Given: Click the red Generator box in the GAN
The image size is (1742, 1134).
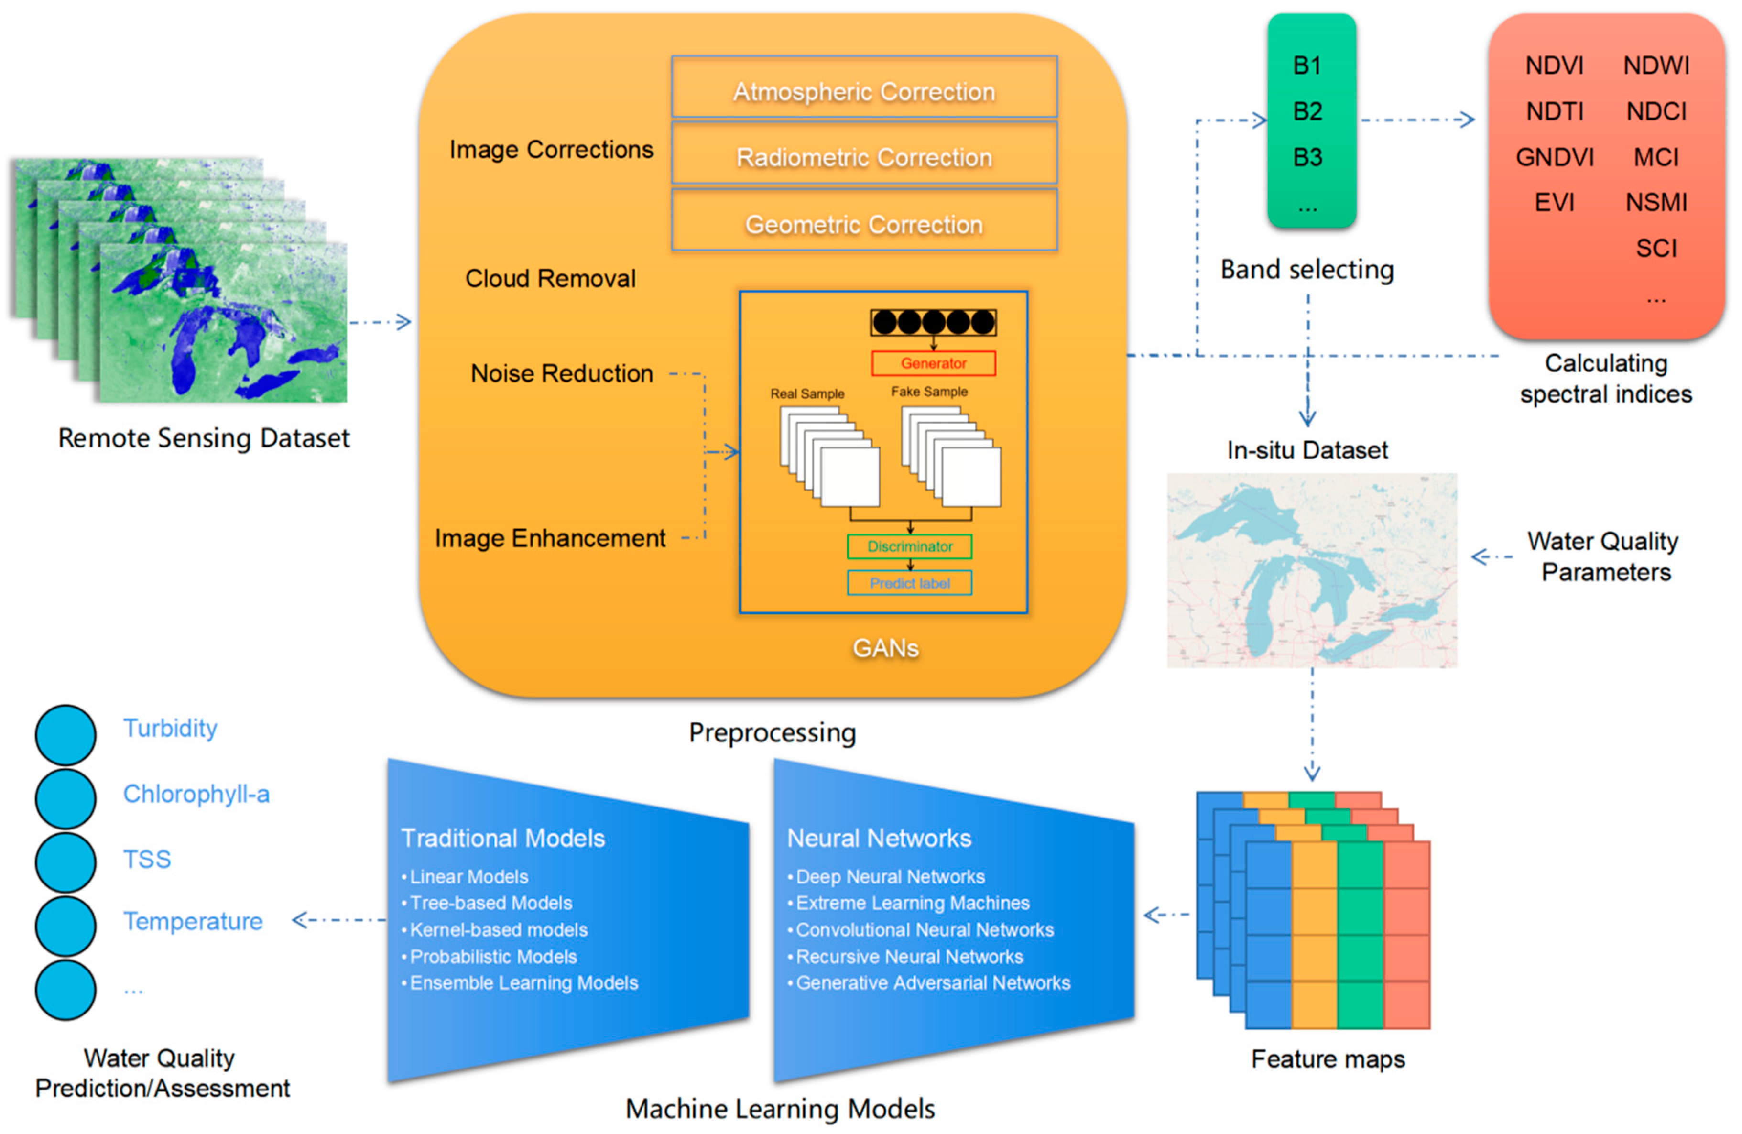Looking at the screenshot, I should pyautogui.click(x=933, y=363).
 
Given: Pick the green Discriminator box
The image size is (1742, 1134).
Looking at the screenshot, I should pyautogui.click(x=910, y=546).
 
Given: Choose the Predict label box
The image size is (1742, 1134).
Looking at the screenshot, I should pyautogui.click(x=910, y=583).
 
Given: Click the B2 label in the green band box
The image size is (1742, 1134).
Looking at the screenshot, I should pyautogui.click(x=1307, y=111).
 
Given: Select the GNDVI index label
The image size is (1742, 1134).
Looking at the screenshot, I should pyautogui.click(x=1554, y=157).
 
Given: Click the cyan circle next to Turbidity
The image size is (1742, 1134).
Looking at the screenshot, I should pyautogui.click(x=65, y=734).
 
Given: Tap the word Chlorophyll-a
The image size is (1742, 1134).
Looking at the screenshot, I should pyautogui.click(x=196, y=794).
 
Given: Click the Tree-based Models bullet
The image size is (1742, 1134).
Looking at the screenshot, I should pyautogui.click(x=490, y=903).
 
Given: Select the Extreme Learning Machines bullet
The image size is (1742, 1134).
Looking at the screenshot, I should pyautogui.click(x=912, y=903).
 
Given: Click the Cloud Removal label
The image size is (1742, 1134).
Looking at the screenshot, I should pyautogui.click(x=550, y=278).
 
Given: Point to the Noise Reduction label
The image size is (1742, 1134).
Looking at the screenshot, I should pyautogui.click(x=561, y=373).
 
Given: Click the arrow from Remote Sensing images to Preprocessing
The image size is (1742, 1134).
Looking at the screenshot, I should pyautogui.click(x=381, y=322).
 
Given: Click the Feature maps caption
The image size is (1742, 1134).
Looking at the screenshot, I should pyautogui.click(x=1328, y=1058).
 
